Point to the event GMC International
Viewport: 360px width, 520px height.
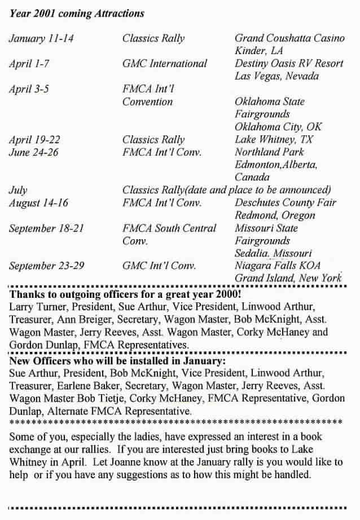[x=165, y=64]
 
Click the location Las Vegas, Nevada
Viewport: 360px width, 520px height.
[x=276, y=76]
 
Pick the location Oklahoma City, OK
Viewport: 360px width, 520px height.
[x=278, y=127]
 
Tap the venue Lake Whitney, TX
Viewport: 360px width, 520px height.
[x=274, y=139]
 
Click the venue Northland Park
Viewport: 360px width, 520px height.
[x=269, y=152]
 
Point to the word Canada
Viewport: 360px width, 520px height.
[x=252, y=177]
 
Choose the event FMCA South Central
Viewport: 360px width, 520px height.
[x=169, y=228]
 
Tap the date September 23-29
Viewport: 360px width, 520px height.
[x=47, y=266]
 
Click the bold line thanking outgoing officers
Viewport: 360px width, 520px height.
[x=125, y=294]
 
